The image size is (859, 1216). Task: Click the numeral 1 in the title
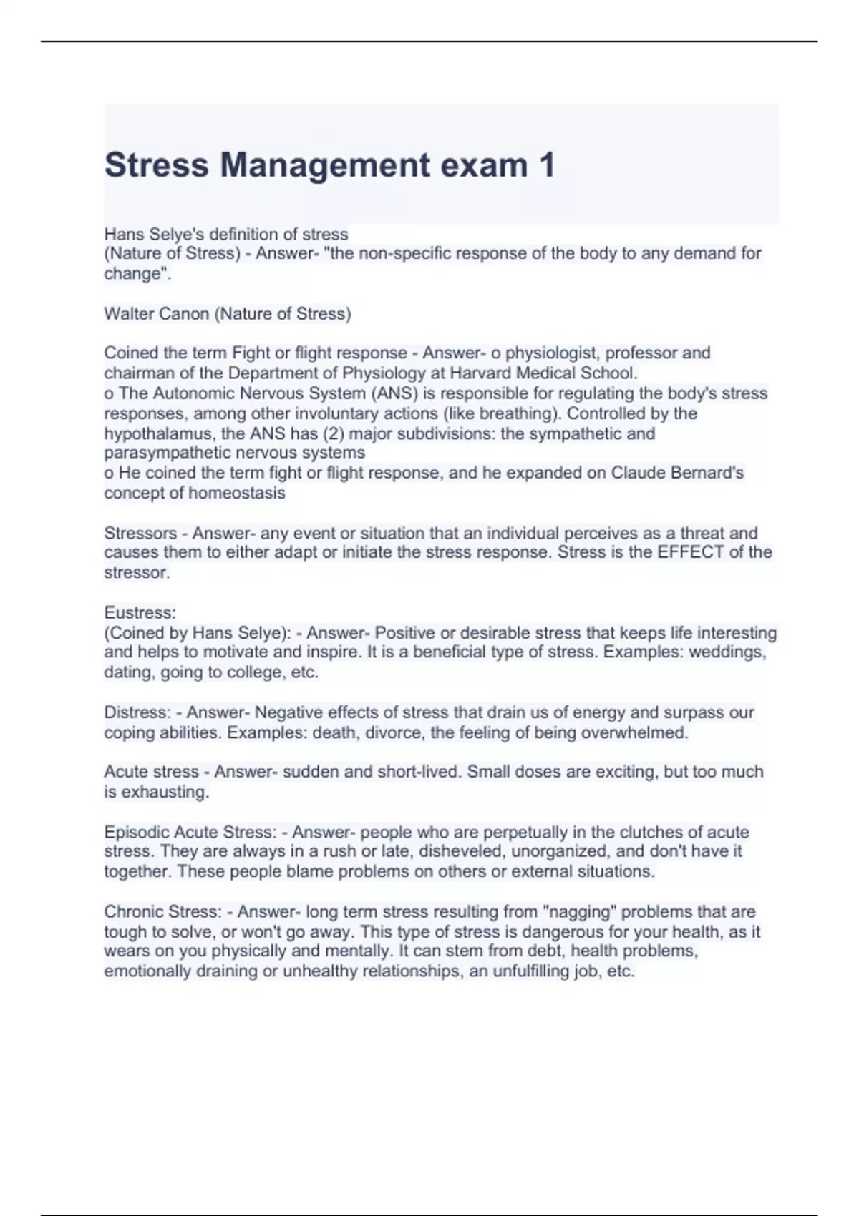coord(546,165)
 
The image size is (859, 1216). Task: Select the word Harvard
coord(480,373)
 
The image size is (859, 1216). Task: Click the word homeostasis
coord(243,493)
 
